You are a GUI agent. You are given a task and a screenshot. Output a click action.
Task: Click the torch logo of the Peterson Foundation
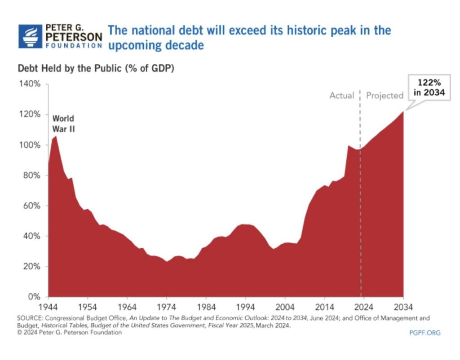point(30,36)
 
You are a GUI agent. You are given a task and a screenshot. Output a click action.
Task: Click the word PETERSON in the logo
point(74,36)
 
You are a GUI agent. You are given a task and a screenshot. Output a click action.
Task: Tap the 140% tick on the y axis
point(30,84)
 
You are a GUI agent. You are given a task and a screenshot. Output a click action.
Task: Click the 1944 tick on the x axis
point(47,307)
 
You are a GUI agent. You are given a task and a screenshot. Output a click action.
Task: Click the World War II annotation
point(63,123)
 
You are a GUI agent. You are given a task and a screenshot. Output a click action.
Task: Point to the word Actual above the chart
point(342,96)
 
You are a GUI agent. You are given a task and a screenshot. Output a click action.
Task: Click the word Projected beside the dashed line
point(385,96)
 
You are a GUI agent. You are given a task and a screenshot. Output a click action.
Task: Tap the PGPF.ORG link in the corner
point(425,333)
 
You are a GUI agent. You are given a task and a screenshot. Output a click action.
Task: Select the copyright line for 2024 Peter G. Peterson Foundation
point(70,333)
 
